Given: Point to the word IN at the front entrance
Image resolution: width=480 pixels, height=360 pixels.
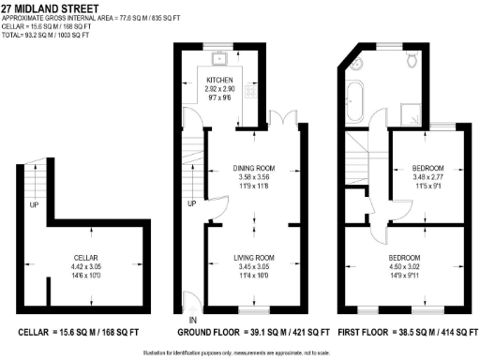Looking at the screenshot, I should (180, 322).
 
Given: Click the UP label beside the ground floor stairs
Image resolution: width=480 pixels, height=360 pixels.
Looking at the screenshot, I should (191, 203).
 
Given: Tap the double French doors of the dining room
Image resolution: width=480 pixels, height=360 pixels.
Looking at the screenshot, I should (285, 121).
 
